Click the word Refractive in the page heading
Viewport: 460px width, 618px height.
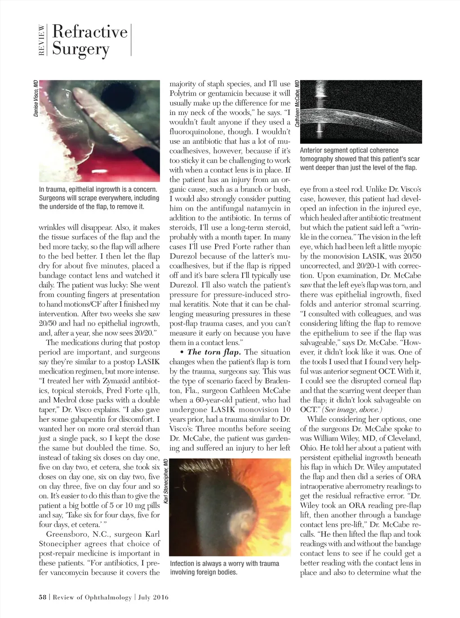[90, 31]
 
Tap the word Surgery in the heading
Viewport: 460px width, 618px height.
[81, 49]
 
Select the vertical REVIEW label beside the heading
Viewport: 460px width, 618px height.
[41, 40]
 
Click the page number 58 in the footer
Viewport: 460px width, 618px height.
[43, 597]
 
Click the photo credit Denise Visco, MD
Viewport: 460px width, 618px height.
[36, 98]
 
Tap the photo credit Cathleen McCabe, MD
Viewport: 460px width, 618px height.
[297, 103]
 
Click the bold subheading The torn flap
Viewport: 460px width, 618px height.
[214, 352]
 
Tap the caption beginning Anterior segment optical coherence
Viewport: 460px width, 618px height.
[358, 159]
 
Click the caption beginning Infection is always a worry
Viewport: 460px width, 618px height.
[224, 568]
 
